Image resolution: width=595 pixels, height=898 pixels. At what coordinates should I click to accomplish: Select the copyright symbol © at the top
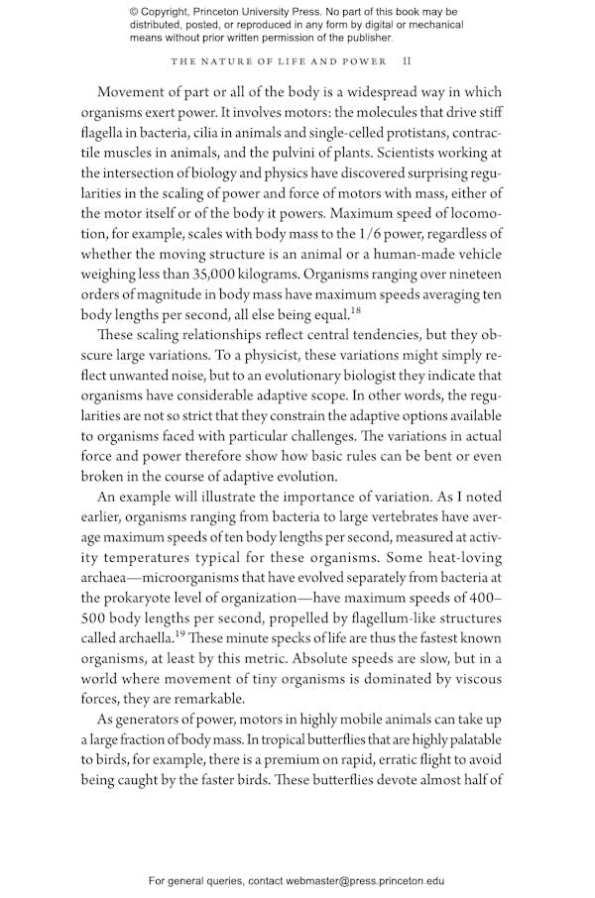pos(135,11)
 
